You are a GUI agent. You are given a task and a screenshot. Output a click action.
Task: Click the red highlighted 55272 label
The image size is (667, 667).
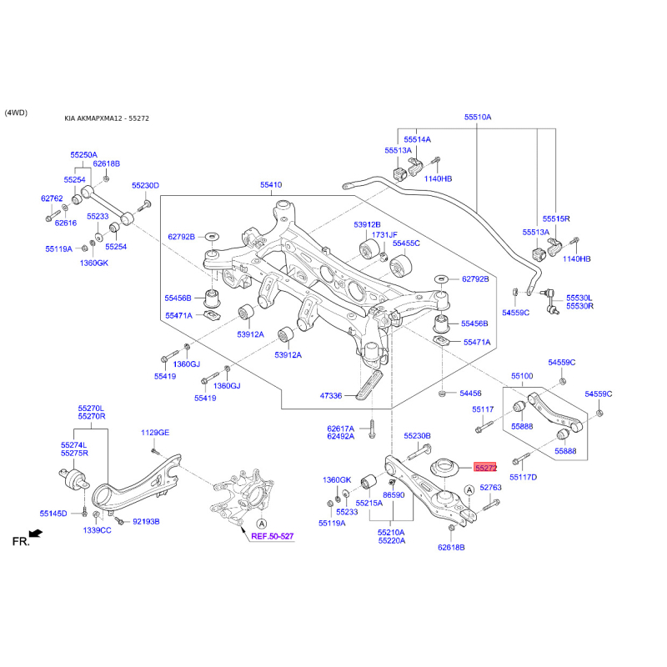point(485,469)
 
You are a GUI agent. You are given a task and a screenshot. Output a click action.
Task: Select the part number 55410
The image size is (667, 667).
point(271,185)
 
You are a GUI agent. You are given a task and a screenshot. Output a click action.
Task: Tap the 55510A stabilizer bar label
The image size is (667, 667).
point(478,118)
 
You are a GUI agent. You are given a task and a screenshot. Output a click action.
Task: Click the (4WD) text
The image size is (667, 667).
point(16,112)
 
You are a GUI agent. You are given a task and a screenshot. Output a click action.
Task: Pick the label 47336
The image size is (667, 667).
point(330,396)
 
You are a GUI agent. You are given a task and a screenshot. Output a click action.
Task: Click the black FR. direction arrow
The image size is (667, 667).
point(34,533)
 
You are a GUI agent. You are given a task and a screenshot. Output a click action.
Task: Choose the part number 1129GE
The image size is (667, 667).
point(154,433)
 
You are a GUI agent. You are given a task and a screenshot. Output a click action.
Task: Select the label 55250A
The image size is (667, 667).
point(83,155)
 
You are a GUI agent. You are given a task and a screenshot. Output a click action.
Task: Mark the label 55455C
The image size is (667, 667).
point(406,243)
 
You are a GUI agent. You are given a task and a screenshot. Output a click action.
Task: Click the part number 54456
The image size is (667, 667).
point(471,393)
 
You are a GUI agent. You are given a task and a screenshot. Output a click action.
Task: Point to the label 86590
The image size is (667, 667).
point(394,494)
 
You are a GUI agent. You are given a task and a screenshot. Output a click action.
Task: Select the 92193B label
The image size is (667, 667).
point(145,522)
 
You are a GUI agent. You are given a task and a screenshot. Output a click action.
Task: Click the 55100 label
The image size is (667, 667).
point(522,376)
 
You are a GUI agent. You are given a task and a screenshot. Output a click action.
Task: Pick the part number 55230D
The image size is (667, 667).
point(145,185)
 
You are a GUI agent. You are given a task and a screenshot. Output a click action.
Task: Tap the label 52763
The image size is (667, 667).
point(490,487)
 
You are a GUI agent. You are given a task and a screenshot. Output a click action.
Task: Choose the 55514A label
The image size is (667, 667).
point(417,139)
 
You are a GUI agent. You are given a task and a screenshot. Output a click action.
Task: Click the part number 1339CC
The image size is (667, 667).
point(97,530)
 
